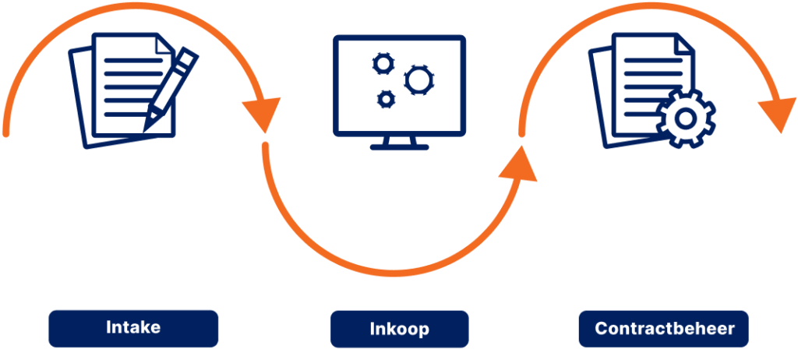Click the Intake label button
point(133,328)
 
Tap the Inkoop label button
point(399,329)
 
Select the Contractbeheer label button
point(664,329)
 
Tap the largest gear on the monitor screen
point(419,79)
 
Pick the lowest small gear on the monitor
point(385,98)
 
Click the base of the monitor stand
point(399,146)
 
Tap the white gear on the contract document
point(686,119)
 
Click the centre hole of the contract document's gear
point(686,119)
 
